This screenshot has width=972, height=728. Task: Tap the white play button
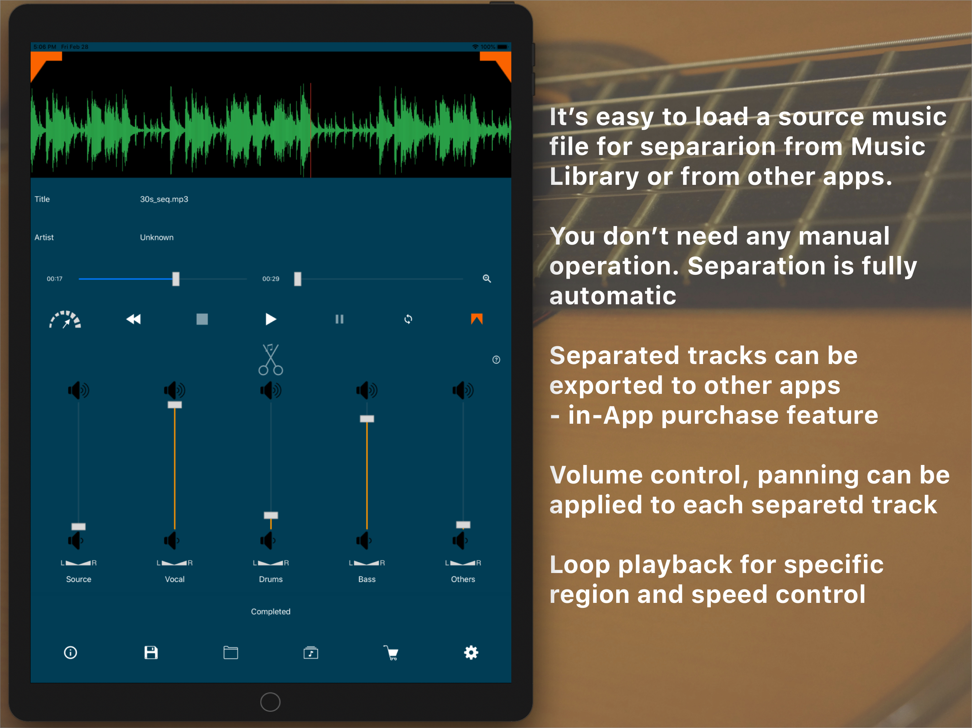(271, 319)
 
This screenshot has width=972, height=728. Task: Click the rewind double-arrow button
(133, 319)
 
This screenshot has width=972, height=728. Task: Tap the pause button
(339, 319)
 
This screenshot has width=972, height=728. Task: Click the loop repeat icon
(408, 319)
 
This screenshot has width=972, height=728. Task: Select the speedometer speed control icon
(65, 319)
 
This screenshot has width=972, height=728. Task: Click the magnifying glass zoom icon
(487, 278)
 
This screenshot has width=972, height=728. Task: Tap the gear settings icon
(471, 653)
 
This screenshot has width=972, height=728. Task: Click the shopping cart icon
(391, 653)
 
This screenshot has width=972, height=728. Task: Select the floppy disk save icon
(151, 653)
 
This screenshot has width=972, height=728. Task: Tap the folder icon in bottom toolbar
(231, 653)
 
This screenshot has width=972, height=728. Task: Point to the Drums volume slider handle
(271, 515)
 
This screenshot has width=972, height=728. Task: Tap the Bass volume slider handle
(367, 419)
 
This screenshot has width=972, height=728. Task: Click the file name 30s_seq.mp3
(164, 199)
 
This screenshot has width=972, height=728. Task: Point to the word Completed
(271, 612)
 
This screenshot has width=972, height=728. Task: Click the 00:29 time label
(271, 279)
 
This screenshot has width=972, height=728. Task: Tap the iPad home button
(270, 702)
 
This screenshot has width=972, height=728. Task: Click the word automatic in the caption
(613, 295)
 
